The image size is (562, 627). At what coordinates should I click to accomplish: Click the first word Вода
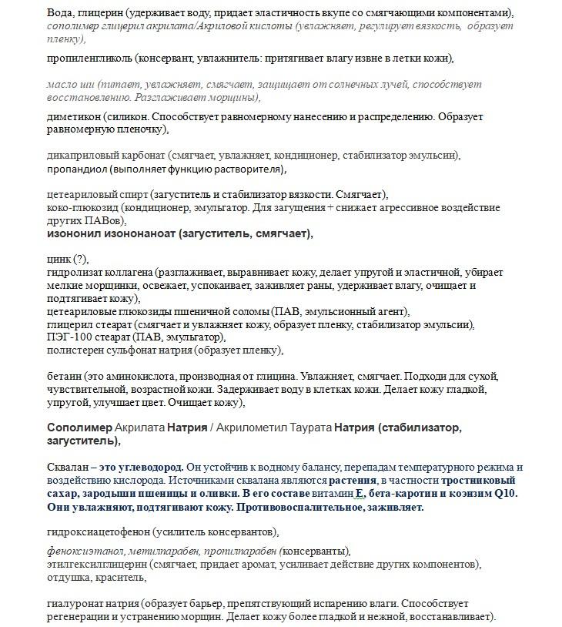pyautogui.click(x=59, y=14)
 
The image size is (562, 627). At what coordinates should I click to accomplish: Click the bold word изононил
pyautogui.click(x=76, y=233)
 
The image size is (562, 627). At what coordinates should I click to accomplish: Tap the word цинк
pyautogui.click(x=59, y=259)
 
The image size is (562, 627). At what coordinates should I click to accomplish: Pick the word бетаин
pyautogui.click(x=64, y=376)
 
